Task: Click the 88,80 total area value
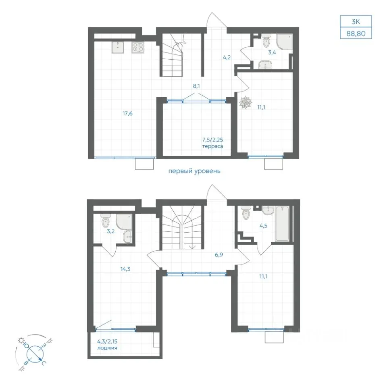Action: click(x=356, y=33)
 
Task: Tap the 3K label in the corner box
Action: click(x=356, y=22)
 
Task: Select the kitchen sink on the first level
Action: click(x=118, y=48)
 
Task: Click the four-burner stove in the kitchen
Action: click(x=138, y=48)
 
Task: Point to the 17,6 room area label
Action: click(x=128, y=114)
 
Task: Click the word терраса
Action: click(x=212, y=146)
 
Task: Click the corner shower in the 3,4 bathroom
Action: click(x=284, y=42)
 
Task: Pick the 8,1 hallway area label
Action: click(x=196, y=86)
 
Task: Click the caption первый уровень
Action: click(x=194, y=171)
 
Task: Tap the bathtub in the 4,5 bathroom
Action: click(x=282, y=224)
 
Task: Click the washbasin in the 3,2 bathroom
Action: click(x=127, y=237)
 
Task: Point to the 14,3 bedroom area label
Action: click(x=125, y=269)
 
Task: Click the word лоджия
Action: click(x=107, y=348)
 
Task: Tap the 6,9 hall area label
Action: click(x=218, y=255)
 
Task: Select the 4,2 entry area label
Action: click(x=227, y=58)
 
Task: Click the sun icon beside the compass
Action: click(x=21, y=341)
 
